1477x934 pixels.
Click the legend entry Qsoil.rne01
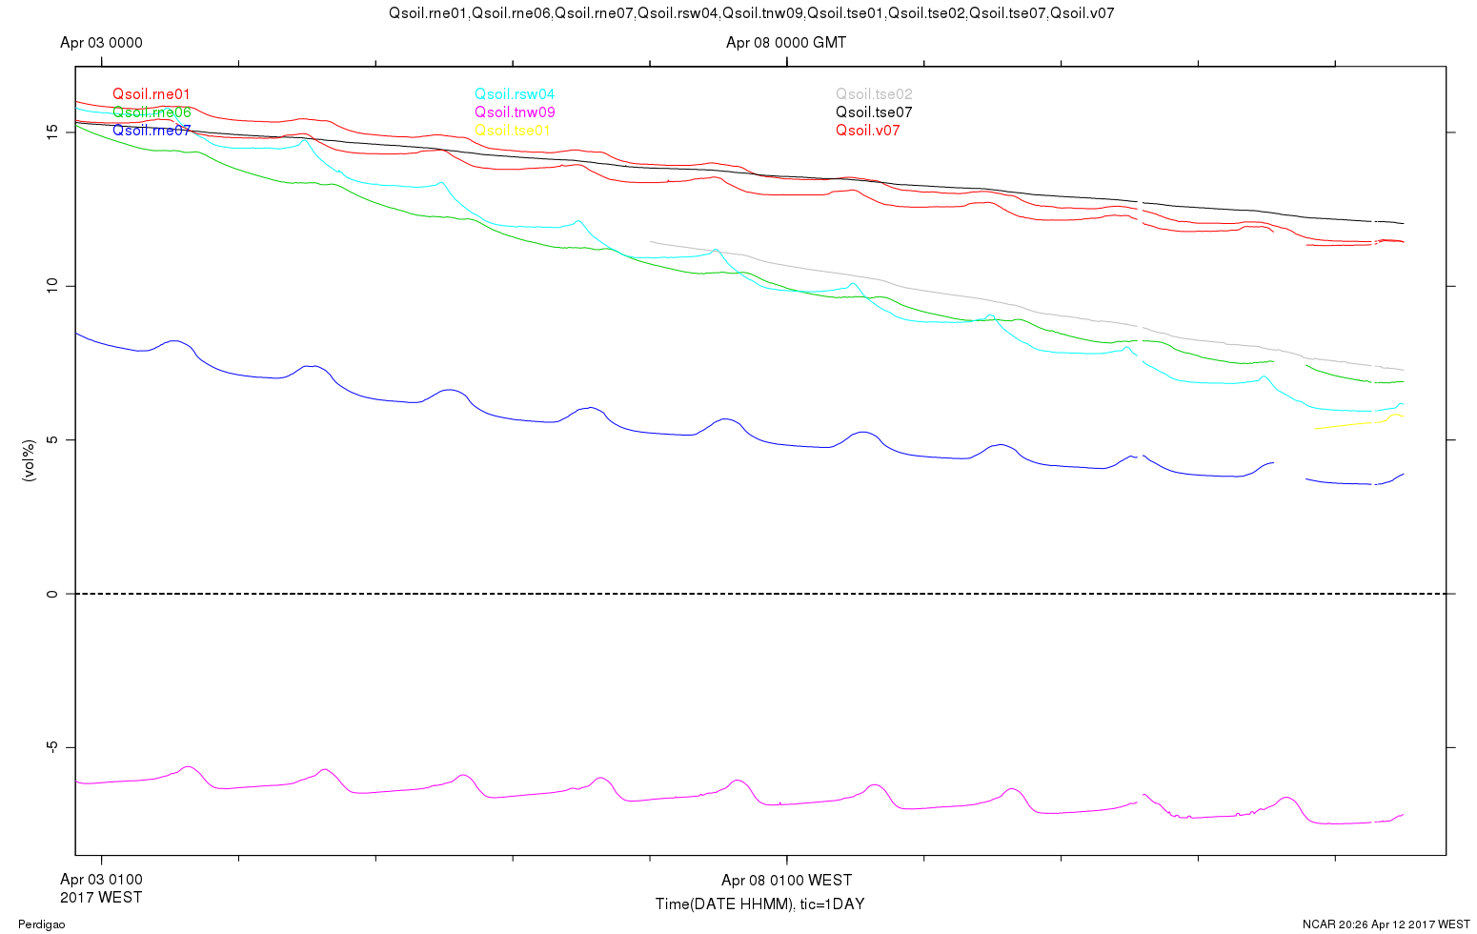(152, 94)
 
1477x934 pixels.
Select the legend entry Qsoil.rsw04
(515, 94)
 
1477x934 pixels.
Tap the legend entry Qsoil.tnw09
(515, 112)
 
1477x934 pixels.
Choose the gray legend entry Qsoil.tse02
(874, 94)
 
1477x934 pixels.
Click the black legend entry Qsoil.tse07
(874, 112)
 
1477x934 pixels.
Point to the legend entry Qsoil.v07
(867, 131)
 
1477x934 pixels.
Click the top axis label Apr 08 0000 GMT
(786, 43)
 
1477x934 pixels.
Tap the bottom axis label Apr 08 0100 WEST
(786, 880)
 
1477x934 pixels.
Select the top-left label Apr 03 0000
(101, 43)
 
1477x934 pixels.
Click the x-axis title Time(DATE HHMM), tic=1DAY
(759, 904)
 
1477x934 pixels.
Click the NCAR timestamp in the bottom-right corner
(1386, 924)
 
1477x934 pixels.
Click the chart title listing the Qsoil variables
(752, 13)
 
